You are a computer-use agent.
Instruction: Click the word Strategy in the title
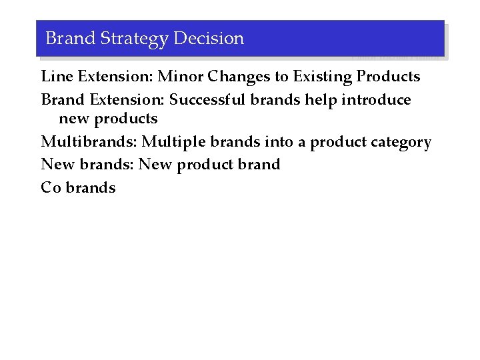134,39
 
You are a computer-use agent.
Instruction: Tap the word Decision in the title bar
209,39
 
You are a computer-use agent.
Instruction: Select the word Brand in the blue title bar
70,39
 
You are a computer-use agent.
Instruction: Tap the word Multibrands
89,142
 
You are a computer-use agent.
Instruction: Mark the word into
277,142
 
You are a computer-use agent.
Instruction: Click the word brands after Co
91,188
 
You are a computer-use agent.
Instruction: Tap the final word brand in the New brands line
259,165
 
